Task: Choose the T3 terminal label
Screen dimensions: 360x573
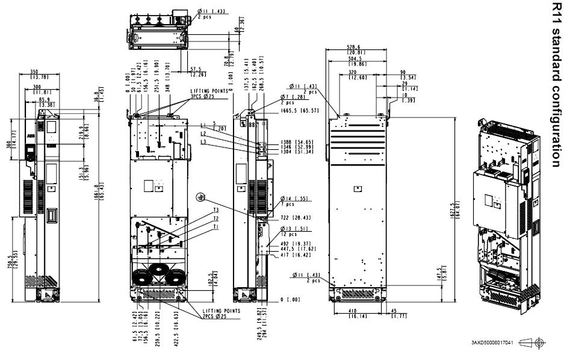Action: tap(215, 211)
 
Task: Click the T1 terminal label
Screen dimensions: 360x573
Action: tap(215, 228)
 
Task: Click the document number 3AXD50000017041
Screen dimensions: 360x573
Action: tap(493, 342)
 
